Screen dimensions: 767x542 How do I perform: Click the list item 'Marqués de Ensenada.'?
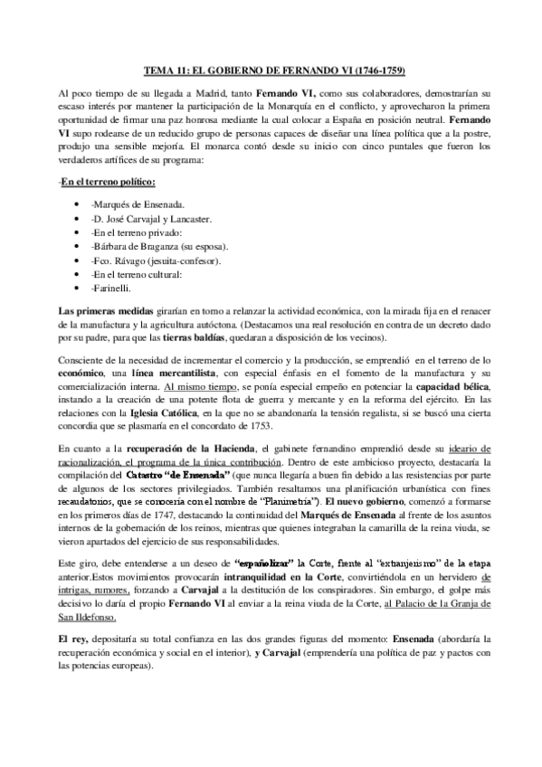[x=138, y=181]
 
